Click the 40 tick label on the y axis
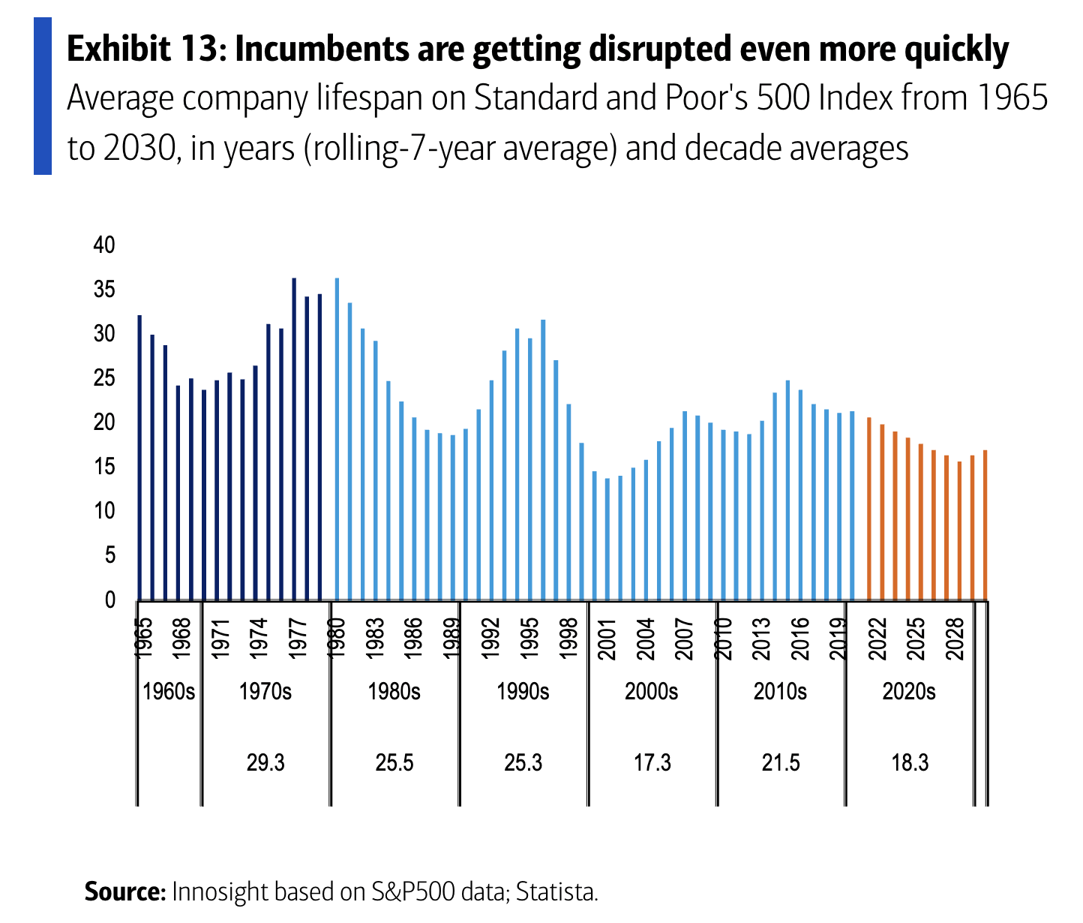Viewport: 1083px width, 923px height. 104,245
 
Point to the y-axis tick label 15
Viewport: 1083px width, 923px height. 104,466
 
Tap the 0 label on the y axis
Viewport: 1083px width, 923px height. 109,600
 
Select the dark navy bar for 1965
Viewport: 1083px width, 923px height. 139,458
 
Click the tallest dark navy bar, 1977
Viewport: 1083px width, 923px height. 294,439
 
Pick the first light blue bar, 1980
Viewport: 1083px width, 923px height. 337,439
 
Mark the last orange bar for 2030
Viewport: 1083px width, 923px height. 985,525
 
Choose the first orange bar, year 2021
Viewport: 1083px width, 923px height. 869,509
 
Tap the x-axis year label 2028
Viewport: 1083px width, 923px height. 955,639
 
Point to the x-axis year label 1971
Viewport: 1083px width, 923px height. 220,639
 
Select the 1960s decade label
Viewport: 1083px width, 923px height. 169,692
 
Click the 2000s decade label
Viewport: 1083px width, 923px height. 651,692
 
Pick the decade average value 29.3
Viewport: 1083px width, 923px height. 265,762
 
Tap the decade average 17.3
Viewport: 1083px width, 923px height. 652,762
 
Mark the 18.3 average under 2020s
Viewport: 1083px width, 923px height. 910,762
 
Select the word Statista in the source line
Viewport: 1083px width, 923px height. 556,891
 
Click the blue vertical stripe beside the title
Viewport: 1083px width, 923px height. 43,96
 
